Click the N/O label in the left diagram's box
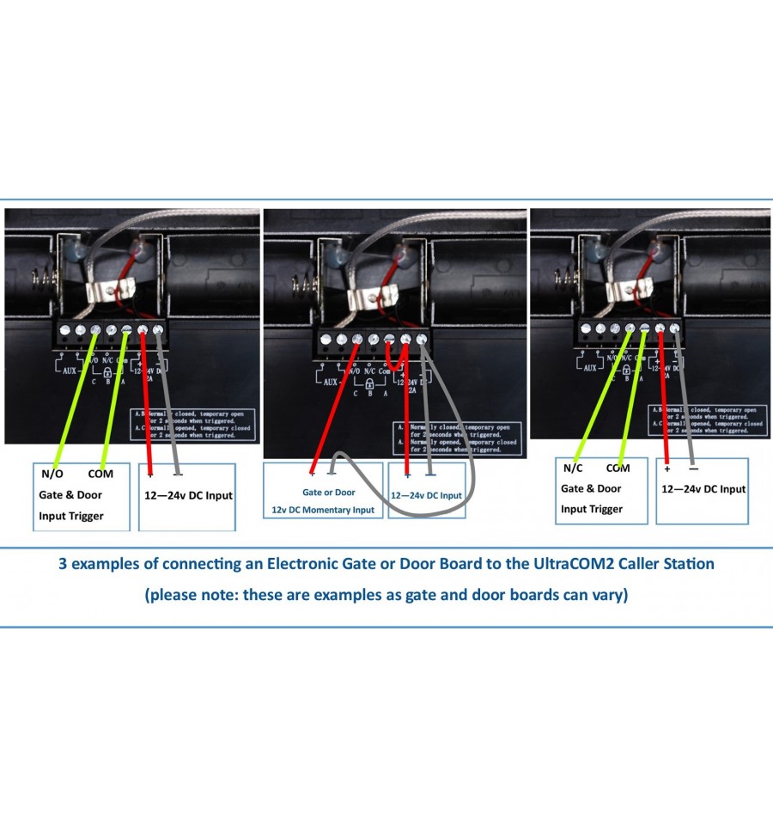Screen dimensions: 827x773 click(x=52, y=474)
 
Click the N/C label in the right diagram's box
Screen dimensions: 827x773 click(x=573, y=469)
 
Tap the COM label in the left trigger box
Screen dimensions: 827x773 click(x=100, y=474)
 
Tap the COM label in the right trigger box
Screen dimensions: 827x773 click(x=618, y=469)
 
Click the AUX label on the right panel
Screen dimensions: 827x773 click(x=590, y=368)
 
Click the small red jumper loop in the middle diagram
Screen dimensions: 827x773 click(x=397, y=355)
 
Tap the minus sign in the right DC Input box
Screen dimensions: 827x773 click(x=694, y=469)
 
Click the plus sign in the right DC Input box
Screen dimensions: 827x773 click(x=666, y=469)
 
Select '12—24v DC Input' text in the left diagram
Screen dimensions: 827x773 click(x=186, y=495)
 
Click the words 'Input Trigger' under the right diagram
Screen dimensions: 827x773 click(x=592, y=509)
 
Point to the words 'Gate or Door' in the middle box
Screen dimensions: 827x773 click(x=328, y=493)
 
